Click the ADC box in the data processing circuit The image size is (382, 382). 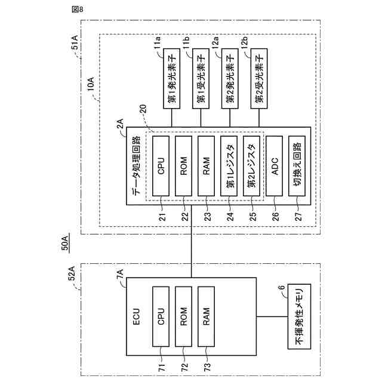click(275, 167)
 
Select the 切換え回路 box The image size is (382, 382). click(298, 167)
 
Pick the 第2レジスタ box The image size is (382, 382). click(252, 167)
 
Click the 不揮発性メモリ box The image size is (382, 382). click(299, 316)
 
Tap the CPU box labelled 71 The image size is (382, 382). click(161, 316)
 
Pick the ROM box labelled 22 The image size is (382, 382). click(184, 167)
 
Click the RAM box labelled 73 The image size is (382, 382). click(207, 316)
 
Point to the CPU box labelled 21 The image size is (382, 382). click(161, 167)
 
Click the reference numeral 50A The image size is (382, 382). click(65, 243)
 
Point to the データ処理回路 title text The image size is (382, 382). click(135, 167)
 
